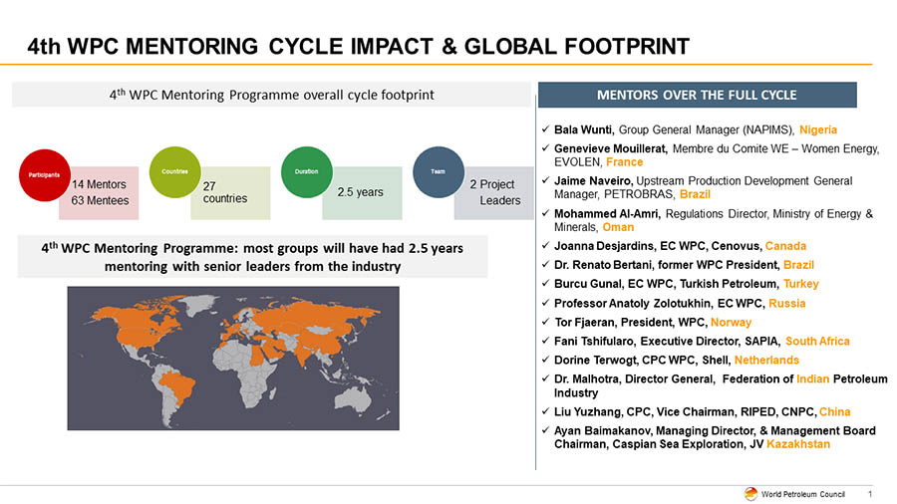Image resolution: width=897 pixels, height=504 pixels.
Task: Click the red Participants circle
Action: pyautogui.click(x=43, y=172)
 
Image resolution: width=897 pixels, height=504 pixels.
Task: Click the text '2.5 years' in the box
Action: pyautogui.click(x=360, y=192)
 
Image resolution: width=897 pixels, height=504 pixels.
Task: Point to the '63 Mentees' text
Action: pyautogui.click(x=101, y=200)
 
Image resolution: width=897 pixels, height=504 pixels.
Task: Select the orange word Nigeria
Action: pyautogui.click(x=817, y=129)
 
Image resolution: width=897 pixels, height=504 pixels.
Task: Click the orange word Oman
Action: pyautogui.click(x=618, y=227)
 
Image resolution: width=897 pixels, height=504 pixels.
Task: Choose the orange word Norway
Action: pyautogui.click(x=732, y=323)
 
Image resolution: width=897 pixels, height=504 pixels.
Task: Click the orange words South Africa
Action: pyautogui.click(x=817, y=341)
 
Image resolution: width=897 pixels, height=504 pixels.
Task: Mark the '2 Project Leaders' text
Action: pyautogui.click(x=494, y=192)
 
